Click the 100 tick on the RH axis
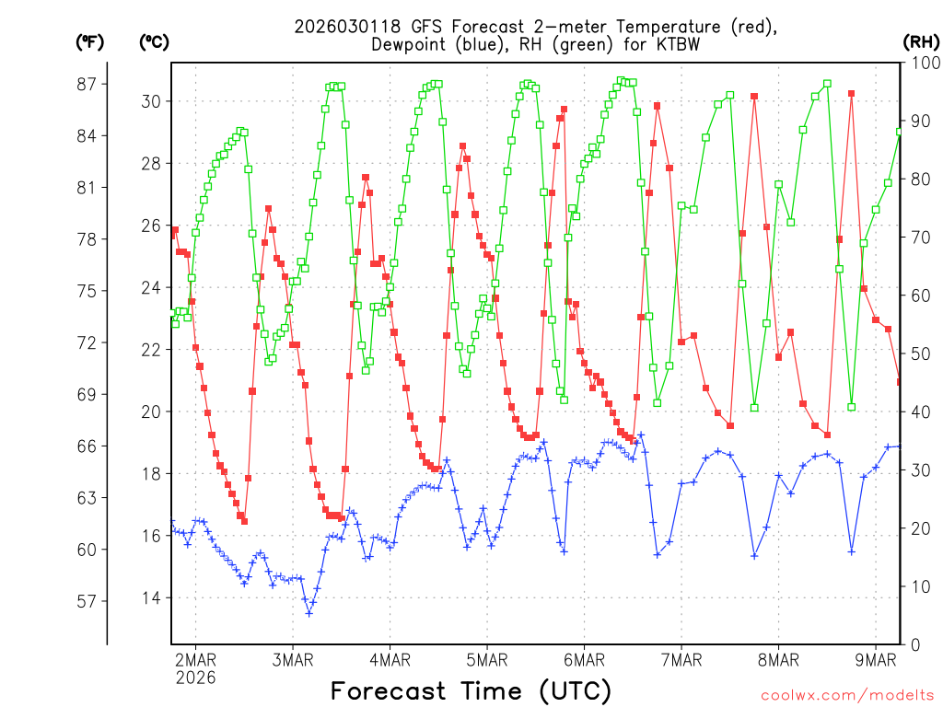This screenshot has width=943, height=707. point(921,63)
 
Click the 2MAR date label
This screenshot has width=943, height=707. point(195,659)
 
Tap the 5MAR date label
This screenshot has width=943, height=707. point(487,659)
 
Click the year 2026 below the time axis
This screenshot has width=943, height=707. point(195,678)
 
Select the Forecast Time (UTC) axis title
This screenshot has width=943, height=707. point(471,690)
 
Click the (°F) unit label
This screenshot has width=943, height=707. point(89,41)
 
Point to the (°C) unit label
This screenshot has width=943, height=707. point(154,41)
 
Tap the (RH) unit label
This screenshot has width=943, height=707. point(920,41)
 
